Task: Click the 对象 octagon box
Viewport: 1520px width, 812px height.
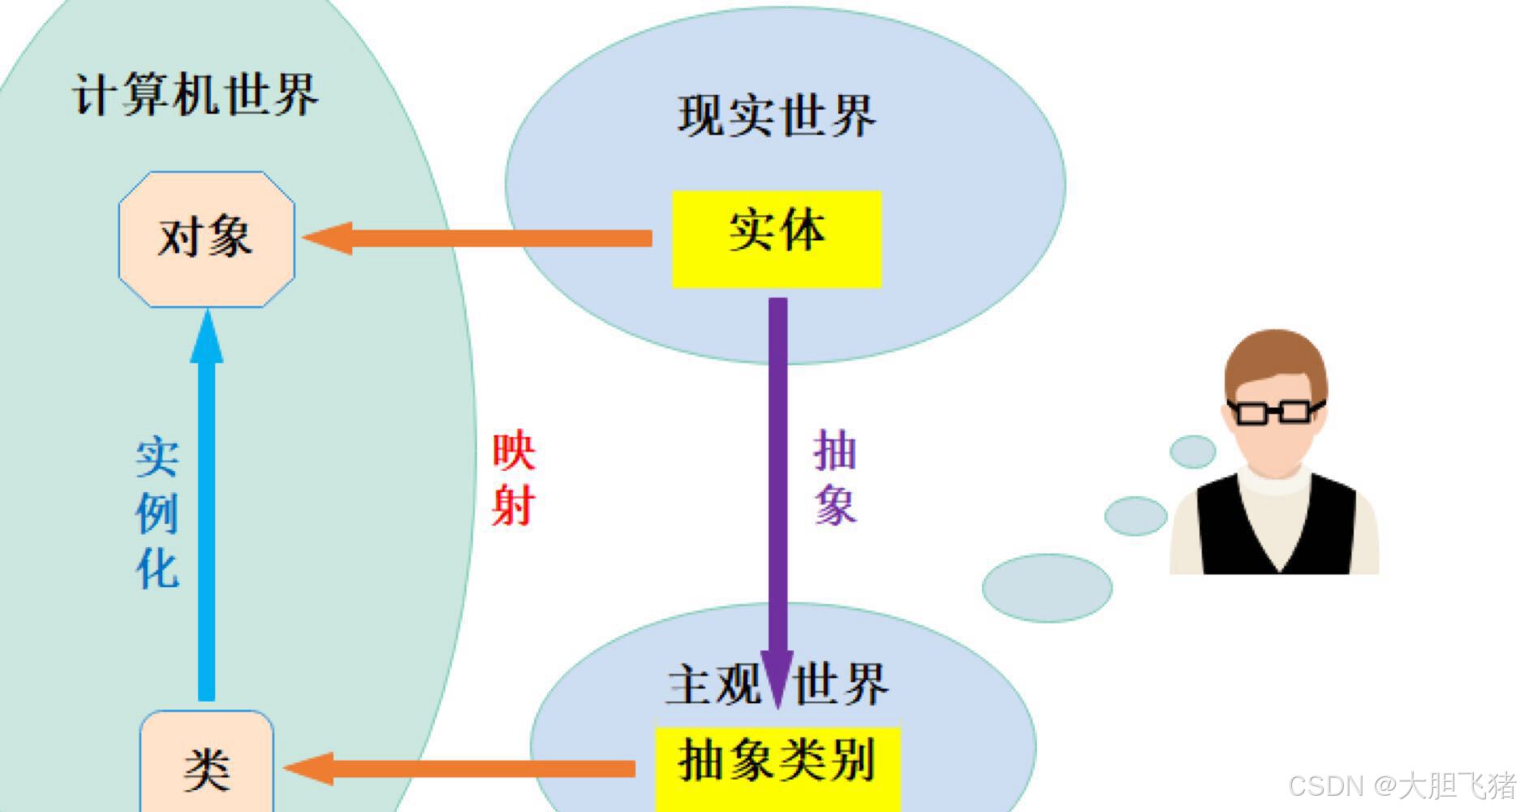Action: point(206,239)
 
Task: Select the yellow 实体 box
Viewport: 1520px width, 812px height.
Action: point(776,238)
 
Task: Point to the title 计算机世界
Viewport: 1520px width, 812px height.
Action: point(196,94)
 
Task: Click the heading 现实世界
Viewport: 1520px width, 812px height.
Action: point(777,115)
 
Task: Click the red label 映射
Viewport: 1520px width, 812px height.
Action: point(514,479)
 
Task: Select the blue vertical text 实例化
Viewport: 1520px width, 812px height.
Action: point(157,513)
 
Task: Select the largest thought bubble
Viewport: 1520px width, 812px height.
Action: point(1047,588)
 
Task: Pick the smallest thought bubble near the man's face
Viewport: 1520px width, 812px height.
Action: point(1192,451)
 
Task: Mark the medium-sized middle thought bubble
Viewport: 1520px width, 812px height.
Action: point(1135,516)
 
